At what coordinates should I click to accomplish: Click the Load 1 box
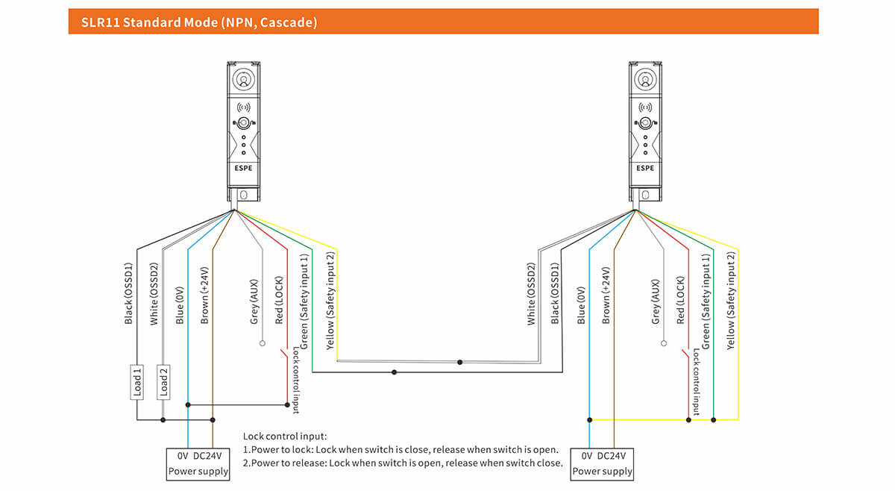pyautogui.click(x=136, y=381)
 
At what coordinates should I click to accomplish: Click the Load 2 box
pyautogui.click(x=163, y=381)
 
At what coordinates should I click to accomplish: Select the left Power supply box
pyautogui.click(x=198, y=463)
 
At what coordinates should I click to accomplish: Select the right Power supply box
pyautogui.click(x=602, y=463)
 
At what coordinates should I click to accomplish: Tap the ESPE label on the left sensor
pyautogui.click(x=244, y=168)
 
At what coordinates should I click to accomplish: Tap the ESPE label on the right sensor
pyautogui.click(x=645, y=168)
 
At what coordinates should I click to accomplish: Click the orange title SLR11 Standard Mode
pyautogui.click(x=200, y=22)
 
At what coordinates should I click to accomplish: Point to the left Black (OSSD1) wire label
pyautogui.click(x=128, y=293)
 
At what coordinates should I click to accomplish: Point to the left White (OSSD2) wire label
pyautogui.click(x=154, y=293)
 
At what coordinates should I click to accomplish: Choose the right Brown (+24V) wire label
pyautogui.click(x=606, y=295)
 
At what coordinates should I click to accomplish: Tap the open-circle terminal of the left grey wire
pyautogui.click(x=262, y=344)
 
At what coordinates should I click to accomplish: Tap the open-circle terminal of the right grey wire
pyautogui.click(x=663, y=344)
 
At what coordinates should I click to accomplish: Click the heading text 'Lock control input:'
pyautogui.click(x=285, y=437)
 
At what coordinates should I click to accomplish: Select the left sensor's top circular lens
pyautogui.click(x=244, y=79)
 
